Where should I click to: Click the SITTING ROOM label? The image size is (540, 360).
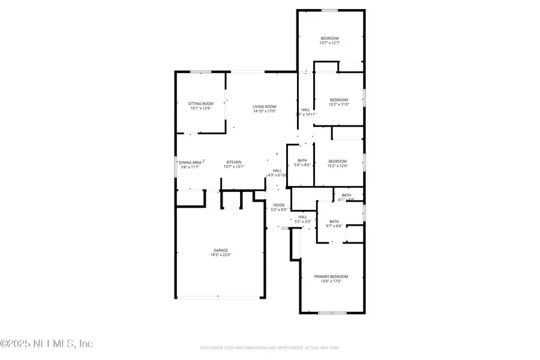tap(200, 104)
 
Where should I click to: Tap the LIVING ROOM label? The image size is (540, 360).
tap(264, 106)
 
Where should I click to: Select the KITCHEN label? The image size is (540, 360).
tap(233, 162)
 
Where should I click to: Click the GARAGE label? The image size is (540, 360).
tap(221, 250)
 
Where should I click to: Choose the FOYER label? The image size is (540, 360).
tap(280, 205)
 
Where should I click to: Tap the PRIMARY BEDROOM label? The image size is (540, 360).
tap(331, 277)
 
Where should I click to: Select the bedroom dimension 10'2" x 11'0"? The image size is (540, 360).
tap(338, 104)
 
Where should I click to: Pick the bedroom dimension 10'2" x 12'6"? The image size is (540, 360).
tap(338, 166)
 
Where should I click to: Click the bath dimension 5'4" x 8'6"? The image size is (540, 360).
tap(302, 166)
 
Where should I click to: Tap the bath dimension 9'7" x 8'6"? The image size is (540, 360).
tap(334, 226)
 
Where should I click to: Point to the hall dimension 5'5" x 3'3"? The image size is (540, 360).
tap(302, 221)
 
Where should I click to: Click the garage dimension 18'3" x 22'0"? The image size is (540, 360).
tap(221, 255)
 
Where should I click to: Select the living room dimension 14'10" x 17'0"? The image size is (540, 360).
tap(264, 111)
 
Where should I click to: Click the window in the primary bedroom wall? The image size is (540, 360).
tap(329, 313)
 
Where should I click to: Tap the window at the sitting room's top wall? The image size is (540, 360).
tap(200, 72)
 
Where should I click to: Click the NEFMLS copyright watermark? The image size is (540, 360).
tap(46, 344)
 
